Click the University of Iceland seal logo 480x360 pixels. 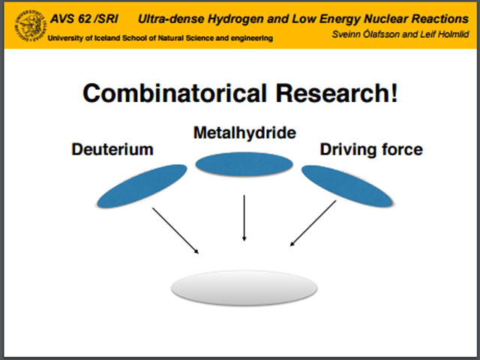coord(30,25)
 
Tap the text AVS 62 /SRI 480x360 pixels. coord(84,19)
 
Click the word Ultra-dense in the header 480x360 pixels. coord(171,19)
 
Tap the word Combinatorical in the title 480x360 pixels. coord(175,93)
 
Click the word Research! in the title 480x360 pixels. coord(337,93)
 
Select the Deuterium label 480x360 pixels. coord(112,149)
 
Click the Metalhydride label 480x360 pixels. coord(244,133)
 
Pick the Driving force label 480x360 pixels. coord(371,149)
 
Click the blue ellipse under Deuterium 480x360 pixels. coord(142,187)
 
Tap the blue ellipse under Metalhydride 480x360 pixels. coord(244,164)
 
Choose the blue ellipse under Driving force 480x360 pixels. coord(346,187)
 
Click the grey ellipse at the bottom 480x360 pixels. coord(244,288)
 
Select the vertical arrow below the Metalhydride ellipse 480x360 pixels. coord(244,218)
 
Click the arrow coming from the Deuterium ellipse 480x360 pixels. coord(175,231)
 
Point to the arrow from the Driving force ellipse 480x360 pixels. coord(313,223)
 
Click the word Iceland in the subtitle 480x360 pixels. coord(107,38)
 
